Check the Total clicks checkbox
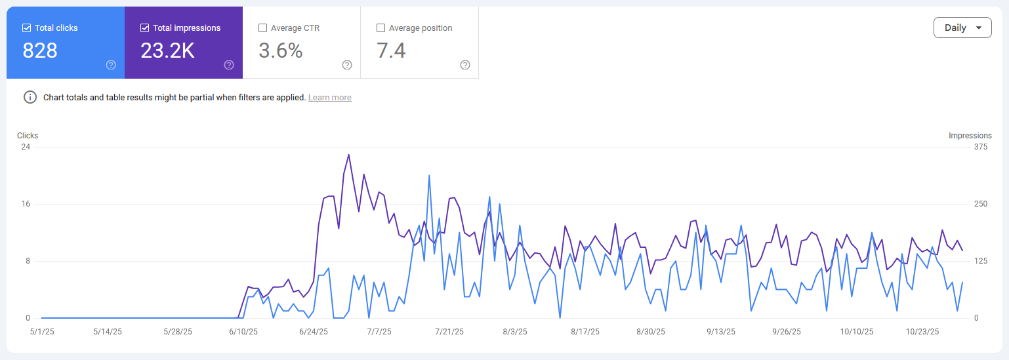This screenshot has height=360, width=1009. click(27, 28)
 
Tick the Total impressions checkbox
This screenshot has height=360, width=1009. click(144, 28)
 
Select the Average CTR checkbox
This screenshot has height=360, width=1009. click(262, 28)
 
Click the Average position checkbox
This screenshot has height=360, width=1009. click(381, 28)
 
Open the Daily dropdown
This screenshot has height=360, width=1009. click(962, 28)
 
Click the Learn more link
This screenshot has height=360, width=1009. click(330, 97)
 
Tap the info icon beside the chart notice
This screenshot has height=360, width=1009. click(30, 97)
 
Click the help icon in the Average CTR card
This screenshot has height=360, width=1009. click(347, 65)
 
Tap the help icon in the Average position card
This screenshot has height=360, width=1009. click(465, 65)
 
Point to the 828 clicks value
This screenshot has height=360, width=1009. click(40, 50)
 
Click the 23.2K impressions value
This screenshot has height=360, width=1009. click(167, 50)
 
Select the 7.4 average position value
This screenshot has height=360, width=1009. click(391, 50)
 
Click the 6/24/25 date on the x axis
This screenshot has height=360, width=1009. click(314, 332)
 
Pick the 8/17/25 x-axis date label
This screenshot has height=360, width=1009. click(585, 332)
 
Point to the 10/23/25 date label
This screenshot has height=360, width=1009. click(922, 332)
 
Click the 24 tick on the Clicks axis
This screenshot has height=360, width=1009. click(26, 147)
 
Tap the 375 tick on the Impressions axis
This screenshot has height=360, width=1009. click(981, 147)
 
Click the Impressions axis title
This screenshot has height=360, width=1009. click(970, 136)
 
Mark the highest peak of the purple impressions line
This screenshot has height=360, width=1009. click(348, 155)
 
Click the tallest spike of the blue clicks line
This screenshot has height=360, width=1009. click(429, 176)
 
